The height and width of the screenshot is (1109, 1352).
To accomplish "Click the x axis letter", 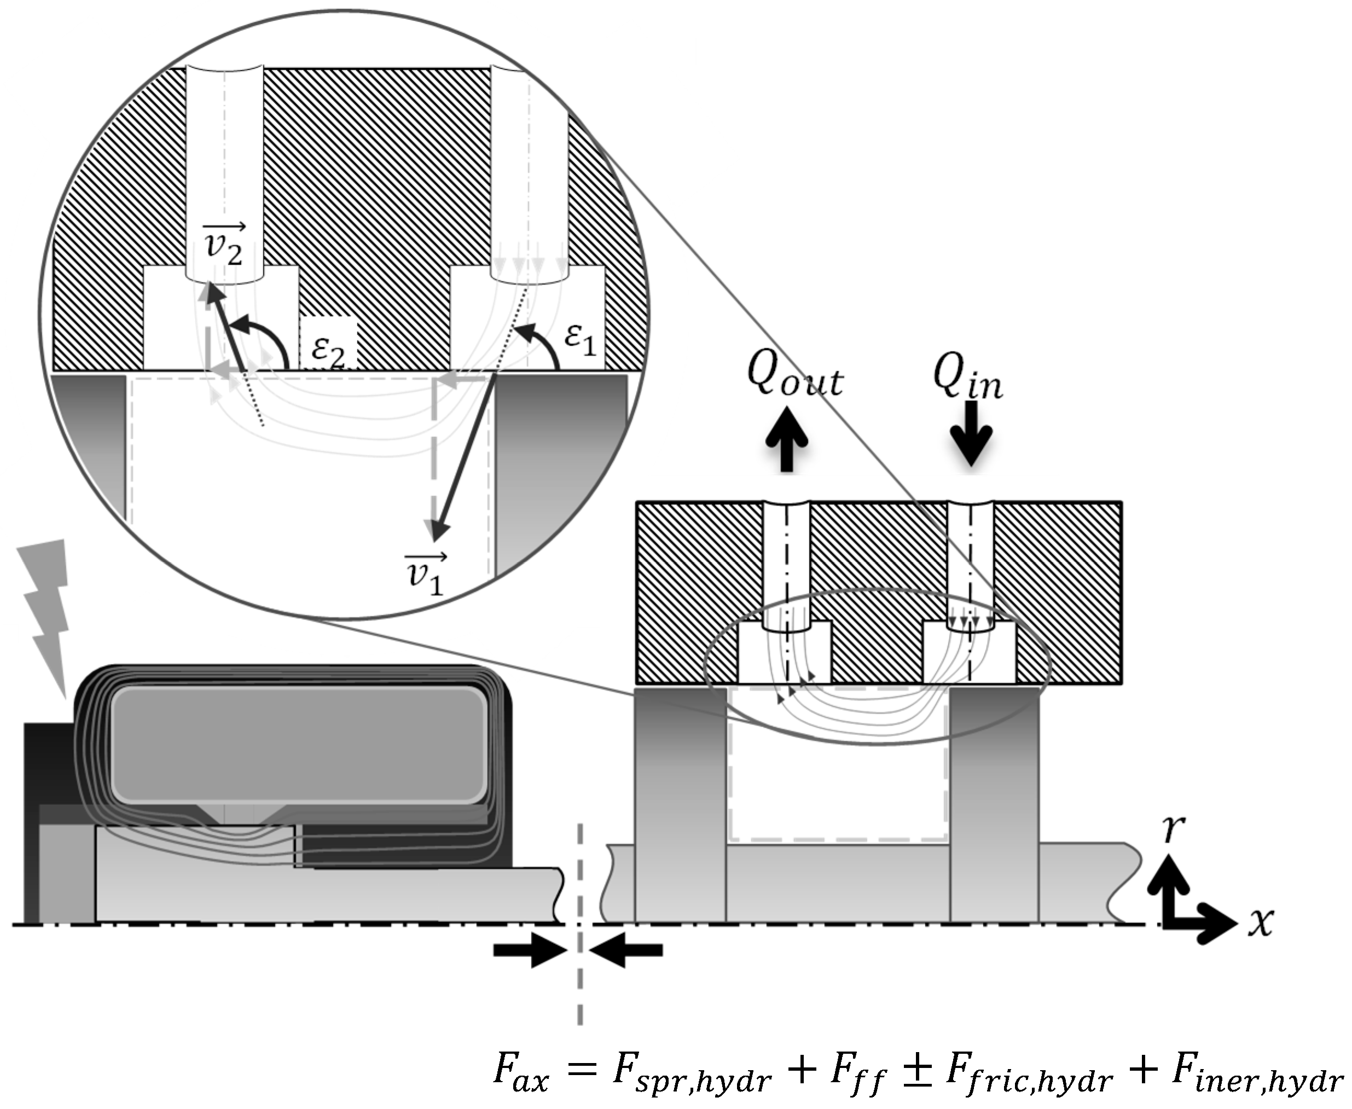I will pyautogui.click(x=1261, y=922).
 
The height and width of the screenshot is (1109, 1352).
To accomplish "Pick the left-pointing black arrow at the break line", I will pyautogui.click(x=628, y=950).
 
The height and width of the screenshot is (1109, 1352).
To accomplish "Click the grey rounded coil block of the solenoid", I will pyautogui.click(x=298, y=744).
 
